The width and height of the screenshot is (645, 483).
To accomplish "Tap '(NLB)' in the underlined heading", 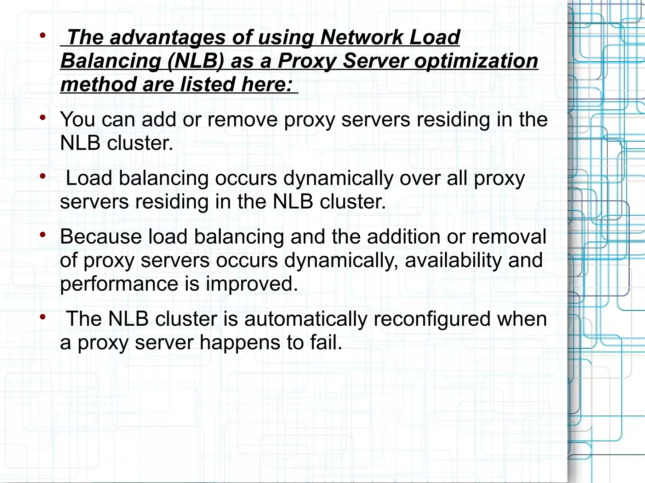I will tap(196, 61).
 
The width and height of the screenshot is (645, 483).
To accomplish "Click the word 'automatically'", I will tap(305, 319).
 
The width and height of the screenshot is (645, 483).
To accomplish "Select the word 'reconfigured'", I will tap(432, 319).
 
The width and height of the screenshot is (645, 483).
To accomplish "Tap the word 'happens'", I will tap(240, 343).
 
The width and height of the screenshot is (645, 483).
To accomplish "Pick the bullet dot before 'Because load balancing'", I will tap(43, 234).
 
